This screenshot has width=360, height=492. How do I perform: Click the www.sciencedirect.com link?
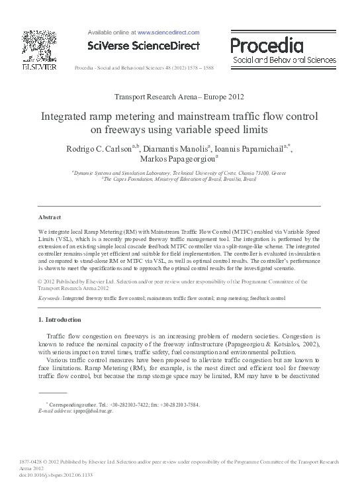[x=168, y=32]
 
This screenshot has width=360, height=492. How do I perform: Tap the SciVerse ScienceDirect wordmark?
[x=144, y=46]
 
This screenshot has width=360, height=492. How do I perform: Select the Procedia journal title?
[x=267, y=46]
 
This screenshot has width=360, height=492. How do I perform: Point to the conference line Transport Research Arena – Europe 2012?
[x=179, y=97]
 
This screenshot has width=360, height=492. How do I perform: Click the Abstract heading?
[x=50, y=217]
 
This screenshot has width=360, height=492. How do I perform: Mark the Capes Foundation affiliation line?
[x=179, y=179]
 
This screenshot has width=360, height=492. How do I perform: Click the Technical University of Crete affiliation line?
[x=179, y=172]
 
